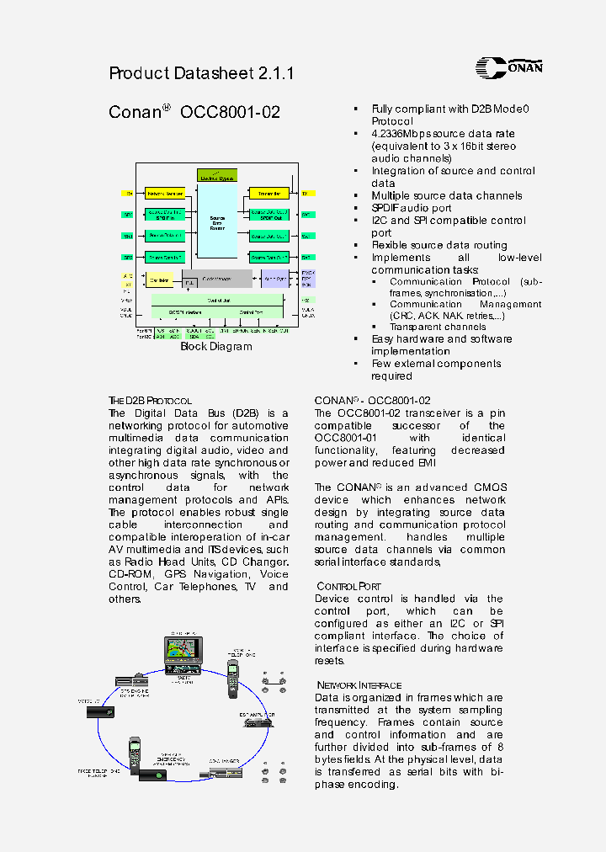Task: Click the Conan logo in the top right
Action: [x=508, y=67]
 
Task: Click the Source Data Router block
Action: [x=217, y=222]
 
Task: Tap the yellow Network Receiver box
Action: [x=165, y=194]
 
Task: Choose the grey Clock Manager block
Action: [x=217, y=279]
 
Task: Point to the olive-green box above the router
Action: [x=217, y=175]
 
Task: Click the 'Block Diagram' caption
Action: [x=216, y=347]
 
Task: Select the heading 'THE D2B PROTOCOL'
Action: [x=151, y=401]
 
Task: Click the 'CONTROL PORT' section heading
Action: [x=348, y=586]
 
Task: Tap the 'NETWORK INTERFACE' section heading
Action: [x=359, y=685]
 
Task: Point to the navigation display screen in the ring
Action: [x=182, y=651]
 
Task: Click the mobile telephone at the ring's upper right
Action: [x=233, y=679]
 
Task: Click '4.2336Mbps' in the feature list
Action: [x=401, y=134]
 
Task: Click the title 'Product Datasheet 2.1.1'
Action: [x=201, y=73]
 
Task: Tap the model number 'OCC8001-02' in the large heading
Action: [x=230, y=113]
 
